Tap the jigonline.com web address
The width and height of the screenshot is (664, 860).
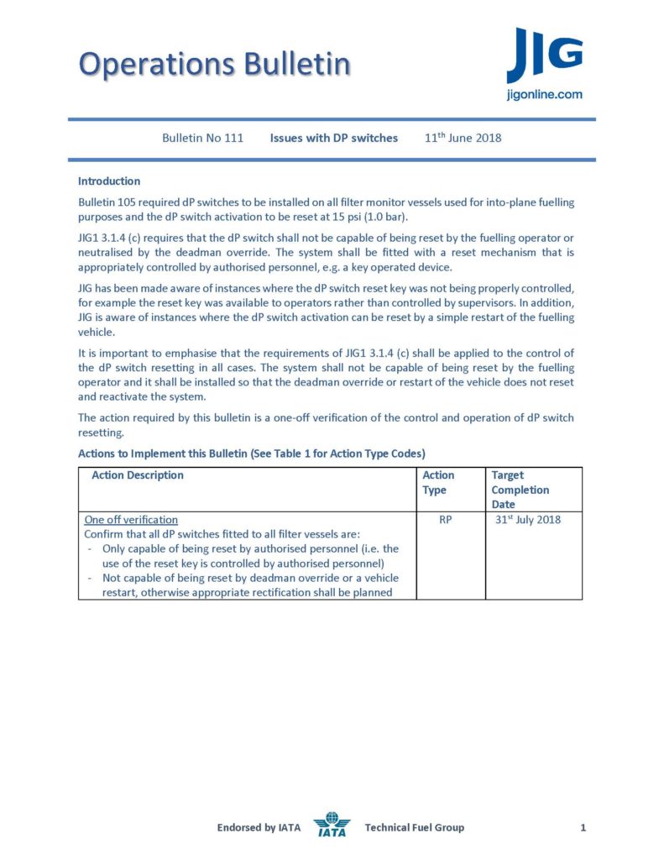pos(545,95)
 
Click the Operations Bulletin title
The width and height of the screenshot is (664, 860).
pos(214,64)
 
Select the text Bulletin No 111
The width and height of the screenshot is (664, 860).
pos(202,138)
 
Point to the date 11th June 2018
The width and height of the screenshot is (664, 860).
pos(463,138)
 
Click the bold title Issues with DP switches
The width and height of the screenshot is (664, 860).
pos(333,138)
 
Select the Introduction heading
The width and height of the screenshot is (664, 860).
pos(109,181)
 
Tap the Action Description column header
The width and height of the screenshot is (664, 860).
pos(138,475)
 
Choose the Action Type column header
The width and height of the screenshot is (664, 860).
pos(438,482)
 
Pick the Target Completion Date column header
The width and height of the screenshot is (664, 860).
pos(520,490)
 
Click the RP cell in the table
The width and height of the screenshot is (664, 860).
pos(446,520)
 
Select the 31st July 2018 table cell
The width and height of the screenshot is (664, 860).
pos(529,520)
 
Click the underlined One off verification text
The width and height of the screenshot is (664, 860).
pos(131,520)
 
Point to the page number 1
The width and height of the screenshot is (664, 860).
pos(583,828)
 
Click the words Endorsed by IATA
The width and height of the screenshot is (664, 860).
pos(259,828)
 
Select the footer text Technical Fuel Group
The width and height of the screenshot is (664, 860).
pos(414,828)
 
